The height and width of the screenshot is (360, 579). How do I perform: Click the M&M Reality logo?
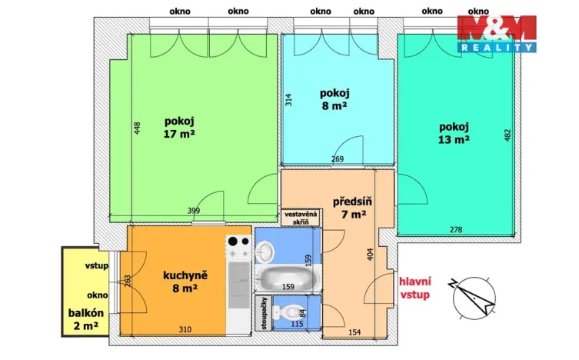pos(496,35)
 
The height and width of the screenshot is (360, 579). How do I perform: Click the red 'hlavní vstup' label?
pos(414,288)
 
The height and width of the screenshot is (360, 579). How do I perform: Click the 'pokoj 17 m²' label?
pos(178,127)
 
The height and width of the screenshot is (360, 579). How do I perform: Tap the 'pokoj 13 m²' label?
pos(454,133)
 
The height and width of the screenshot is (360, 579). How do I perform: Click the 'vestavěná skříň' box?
pos(301,218)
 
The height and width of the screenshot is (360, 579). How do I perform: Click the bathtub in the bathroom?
pos(288,278)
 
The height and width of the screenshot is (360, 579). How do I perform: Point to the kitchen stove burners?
pos(238,247)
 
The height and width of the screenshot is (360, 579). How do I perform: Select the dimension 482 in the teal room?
pos(506,135)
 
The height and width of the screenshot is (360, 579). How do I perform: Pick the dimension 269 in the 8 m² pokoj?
pos(336,160)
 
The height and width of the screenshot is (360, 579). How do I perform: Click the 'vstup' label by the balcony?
pos(97,266)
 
